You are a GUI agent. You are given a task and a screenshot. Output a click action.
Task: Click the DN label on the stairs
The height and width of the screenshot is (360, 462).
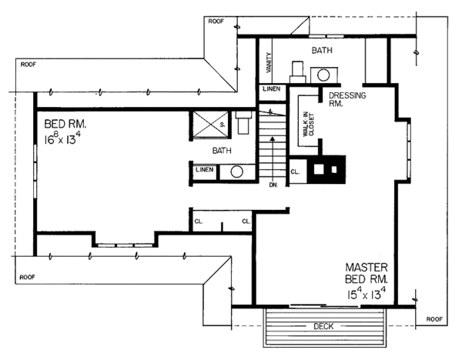pos(273,185)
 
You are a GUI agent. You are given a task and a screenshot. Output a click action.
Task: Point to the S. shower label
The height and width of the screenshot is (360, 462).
pos(223,123)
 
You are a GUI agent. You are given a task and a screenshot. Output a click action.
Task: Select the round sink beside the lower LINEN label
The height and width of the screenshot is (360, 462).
pos(236,171)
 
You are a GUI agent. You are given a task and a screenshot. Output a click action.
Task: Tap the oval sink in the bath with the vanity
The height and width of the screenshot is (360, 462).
pos(324,75)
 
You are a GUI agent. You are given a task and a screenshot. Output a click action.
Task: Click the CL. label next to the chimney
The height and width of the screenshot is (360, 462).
pos(295,172)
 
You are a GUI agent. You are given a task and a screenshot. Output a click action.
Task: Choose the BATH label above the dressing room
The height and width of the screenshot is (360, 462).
pos(322,50)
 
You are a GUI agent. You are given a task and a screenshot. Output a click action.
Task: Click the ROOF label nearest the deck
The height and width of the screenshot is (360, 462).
pos(434,317)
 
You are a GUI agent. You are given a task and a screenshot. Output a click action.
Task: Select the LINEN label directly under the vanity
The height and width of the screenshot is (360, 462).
pos(271,89)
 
